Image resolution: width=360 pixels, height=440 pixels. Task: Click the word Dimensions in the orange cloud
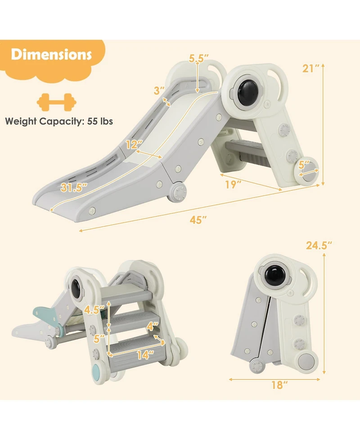[x=51, y=55]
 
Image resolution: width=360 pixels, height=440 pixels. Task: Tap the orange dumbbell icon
[x=56, y=102]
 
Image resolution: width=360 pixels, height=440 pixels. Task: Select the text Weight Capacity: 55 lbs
[x=59, y=121]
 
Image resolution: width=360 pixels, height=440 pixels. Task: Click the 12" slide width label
[x=134, y=145]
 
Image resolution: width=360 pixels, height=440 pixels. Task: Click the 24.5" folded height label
[x=319, y=245]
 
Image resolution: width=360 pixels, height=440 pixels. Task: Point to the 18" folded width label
[x=279, y=385]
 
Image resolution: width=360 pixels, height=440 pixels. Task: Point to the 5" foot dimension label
[x=304, y=163]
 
